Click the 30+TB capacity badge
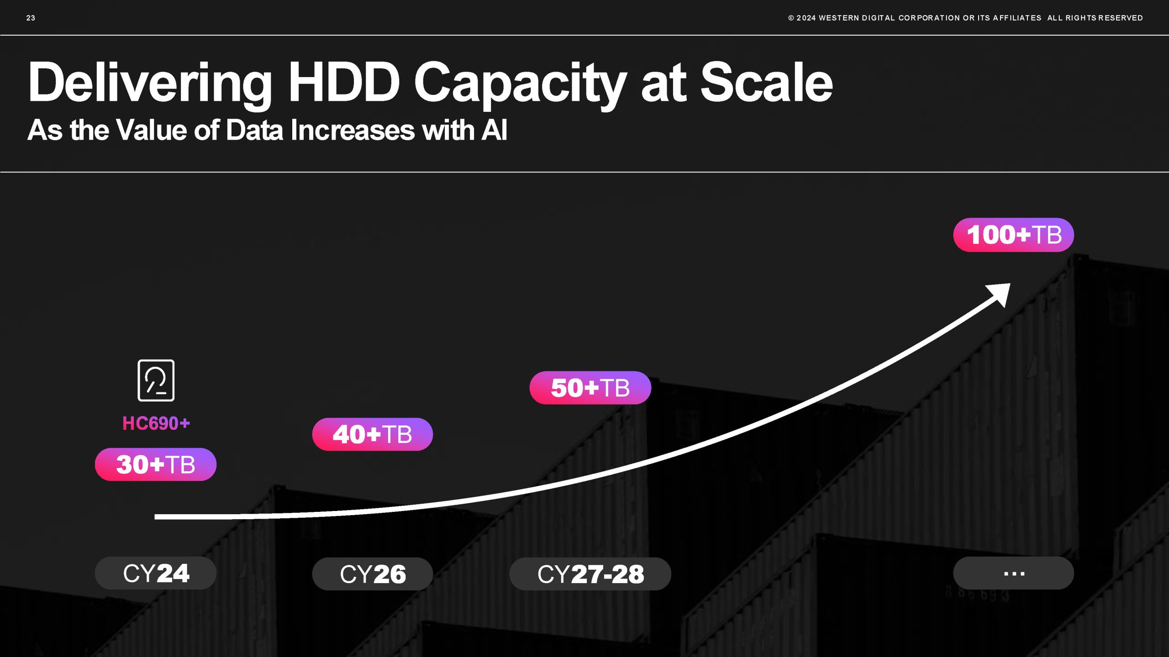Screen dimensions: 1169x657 point(156,464)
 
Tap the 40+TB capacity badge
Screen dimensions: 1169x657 point(373,434)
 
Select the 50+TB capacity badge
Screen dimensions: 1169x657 point(590,388)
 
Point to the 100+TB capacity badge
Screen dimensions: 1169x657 point(1014,235)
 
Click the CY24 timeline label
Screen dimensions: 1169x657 point(156,573)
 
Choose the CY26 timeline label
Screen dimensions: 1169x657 point(373,574)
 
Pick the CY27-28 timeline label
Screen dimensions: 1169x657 point(590,574)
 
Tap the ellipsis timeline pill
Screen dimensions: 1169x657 point(1014,573)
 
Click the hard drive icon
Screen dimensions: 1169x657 point(156,381)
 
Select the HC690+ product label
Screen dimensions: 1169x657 point(156,423)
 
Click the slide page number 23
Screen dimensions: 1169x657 point(31,18)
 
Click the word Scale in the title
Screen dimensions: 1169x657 point(767,82)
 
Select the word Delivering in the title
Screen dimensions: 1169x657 point(150,85)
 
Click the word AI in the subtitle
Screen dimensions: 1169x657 point(495,130)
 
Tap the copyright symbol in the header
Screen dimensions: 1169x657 point(791,18)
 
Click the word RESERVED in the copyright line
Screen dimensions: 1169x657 point(1121,18)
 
